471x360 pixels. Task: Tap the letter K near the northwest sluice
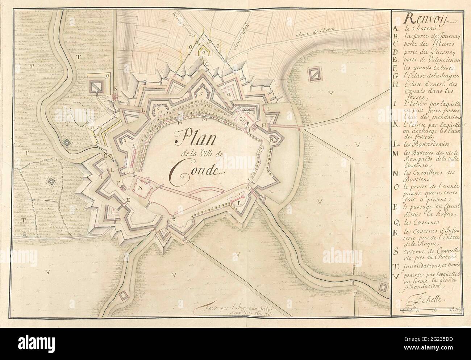pos(116,88)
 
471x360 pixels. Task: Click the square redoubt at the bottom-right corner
pos(382,287)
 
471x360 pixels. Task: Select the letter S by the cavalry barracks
pos(134,146)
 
